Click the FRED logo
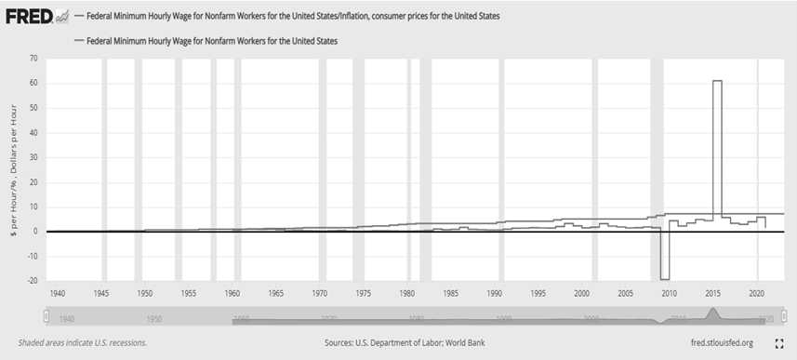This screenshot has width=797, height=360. tap(26, 16)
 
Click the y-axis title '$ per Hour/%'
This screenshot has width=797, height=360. tap(12, 172)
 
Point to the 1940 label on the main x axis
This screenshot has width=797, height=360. tap(57, 293)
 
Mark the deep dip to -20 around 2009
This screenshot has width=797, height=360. tap(664, 277)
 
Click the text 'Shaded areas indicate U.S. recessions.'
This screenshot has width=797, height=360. tap(82, 342)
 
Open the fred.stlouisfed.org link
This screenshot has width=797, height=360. tap(710, 342)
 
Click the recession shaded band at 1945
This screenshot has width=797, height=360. tap(103, 167)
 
